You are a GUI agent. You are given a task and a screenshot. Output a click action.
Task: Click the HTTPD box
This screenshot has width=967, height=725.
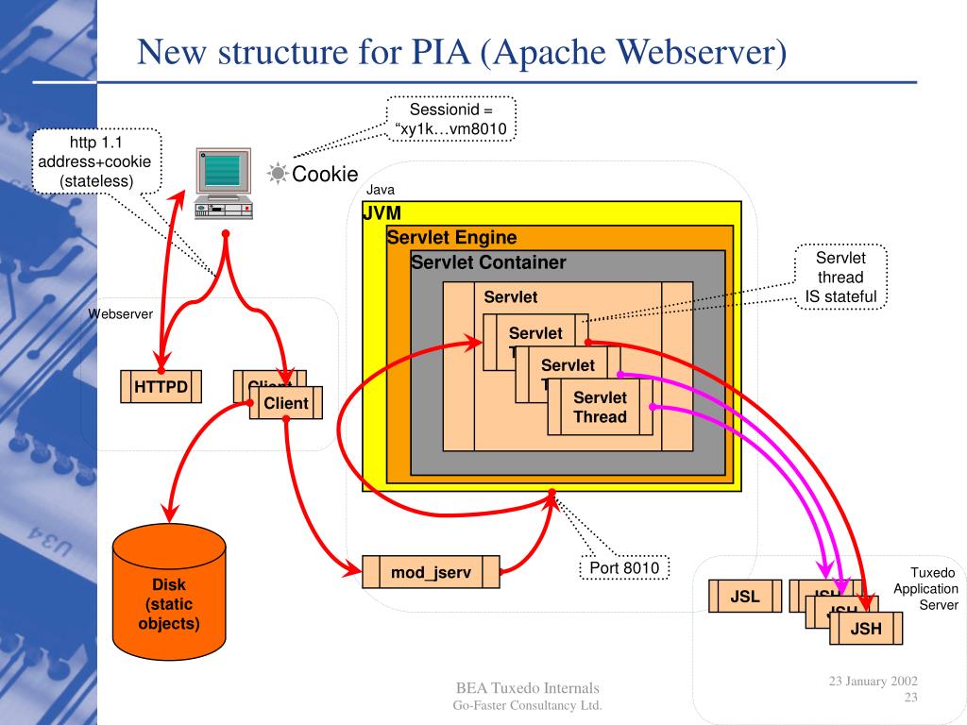tap(161, 387)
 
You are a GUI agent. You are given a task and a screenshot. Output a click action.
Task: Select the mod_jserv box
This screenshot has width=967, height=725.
tap(431, 572)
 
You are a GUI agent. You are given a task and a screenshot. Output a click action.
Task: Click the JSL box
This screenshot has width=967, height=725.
tap(745, 597)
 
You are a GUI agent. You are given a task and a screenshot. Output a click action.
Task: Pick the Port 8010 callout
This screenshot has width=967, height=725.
tap(623, 568)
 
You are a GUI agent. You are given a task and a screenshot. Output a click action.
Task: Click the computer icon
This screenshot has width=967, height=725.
tap(224, 183)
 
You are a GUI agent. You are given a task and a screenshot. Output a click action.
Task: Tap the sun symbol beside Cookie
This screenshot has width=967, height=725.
tap(278, 174)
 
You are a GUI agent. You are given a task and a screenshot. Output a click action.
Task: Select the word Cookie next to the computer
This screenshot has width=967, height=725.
tap(325, 174)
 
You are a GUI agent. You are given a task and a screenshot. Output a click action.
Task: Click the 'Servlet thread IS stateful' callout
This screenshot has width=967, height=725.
tap(840, 278)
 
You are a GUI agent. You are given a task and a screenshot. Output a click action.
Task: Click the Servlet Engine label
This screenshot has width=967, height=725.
tap(451, 238)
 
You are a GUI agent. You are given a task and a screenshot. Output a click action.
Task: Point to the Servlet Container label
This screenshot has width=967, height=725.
tap(488, 262)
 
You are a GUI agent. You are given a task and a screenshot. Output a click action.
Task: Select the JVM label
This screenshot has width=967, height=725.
tap(382, 213)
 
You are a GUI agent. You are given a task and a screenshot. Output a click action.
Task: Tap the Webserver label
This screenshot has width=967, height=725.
tap(121, 313)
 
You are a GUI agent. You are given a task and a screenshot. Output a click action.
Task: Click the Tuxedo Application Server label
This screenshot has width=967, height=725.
tap(927, 588)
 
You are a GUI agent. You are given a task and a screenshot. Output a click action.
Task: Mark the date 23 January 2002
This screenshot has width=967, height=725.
tap(874, 681)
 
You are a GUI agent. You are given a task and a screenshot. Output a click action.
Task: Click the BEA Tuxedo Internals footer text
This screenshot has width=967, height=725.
tap(527, 687)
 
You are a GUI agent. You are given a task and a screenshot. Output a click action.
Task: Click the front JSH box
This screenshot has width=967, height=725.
tap(866, 629)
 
